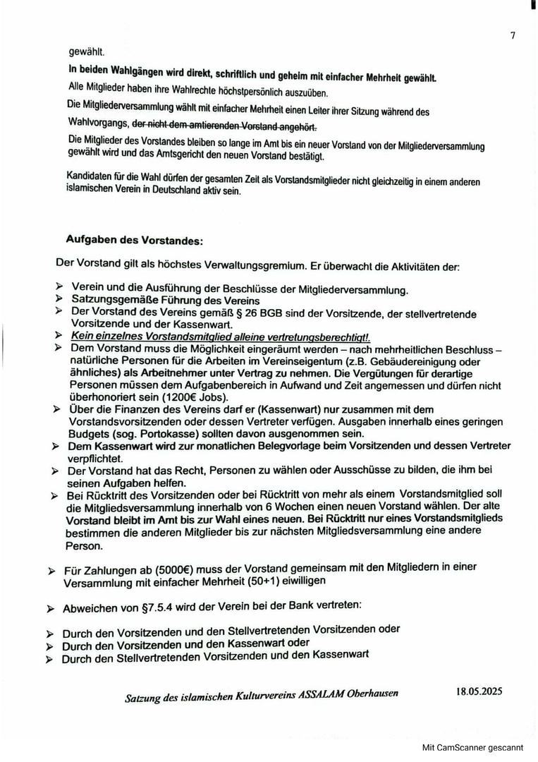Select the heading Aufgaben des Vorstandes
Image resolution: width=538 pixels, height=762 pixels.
pos(134,240)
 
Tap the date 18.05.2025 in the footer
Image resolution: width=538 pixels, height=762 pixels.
pos(479,691)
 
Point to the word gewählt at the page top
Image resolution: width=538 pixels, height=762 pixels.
pos(86,52)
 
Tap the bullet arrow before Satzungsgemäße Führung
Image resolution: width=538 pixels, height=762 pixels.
pos(59,301)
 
